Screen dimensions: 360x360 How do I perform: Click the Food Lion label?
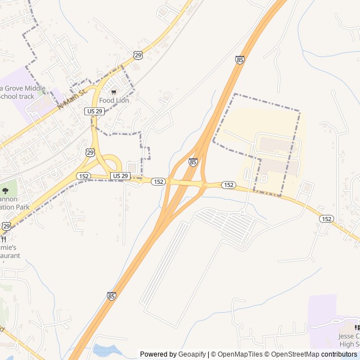click(x=114, y=101)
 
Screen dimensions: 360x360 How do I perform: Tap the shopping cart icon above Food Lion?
click(x=114, y=92)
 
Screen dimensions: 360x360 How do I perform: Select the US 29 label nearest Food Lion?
click(x=94, y=111)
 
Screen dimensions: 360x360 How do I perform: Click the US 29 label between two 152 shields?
click(x=120, y=176)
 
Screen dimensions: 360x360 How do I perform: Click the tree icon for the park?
click(x=5, y=191)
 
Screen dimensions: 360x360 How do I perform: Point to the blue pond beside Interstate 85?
click(x=107, y=351)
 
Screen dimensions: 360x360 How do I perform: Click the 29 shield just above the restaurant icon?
click(x=6, y=226)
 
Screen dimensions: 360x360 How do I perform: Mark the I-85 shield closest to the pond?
click(x=111, y=296)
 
